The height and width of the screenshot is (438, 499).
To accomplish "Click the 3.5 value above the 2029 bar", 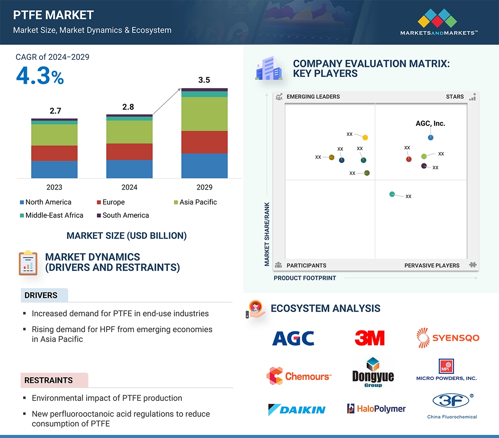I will click(x=204, y=80).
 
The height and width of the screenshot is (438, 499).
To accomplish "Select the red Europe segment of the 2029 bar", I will click(x=204, y=142).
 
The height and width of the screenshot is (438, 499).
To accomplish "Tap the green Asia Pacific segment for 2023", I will click(x=54, y=135).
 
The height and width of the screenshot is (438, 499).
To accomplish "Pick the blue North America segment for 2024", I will click(x=129, y=169).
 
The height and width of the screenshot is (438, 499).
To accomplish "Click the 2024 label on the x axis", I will click(x=129, y=187).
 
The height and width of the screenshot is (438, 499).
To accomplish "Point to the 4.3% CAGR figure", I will click(x=40, y=76).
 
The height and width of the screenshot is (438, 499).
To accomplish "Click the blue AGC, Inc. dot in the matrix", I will click(x=431, y=137).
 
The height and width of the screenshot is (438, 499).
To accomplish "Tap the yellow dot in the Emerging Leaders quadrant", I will click(x=365, y=137).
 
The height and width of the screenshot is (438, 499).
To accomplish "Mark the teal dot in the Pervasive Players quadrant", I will click(x=392, y=194).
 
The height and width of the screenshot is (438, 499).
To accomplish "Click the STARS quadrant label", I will click(x=455, y=96).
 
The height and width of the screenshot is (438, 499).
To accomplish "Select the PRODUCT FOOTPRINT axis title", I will click(x=305, y=278).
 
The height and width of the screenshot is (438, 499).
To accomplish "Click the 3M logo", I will click(x=369, y=338).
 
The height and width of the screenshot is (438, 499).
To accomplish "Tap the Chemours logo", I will click(x=299, y=376).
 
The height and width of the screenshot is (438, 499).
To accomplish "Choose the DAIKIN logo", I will click(x=296, y=409).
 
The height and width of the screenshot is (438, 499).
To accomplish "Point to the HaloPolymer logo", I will click(x=376, y=409).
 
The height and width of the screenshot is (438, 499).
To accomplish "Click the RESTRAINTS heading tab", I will click(x=49, y=380).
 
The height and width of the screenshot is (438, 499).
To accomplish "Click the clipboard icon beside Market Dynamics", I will click(x=28, y=263).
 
